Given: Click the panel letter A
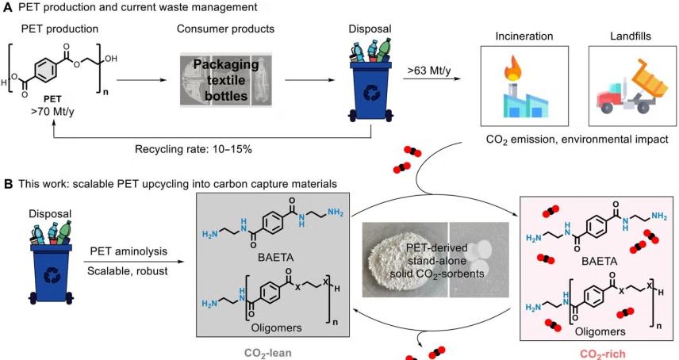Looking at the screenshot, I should [x=6, y=7].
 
